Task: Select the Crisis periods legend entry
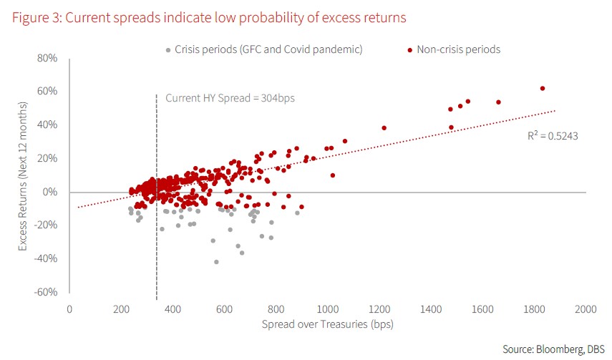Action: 263,49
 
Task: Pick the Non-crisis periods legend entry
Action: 454,49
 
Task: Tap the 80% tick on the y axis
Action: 47,57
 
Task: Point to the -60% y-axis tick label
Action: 45,292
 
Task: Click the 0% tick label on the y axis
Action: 49,192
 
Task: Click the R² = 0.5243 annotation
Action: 548,134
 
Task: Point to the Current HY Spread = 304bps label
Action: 230,98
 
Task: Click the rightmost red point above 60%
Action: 543,89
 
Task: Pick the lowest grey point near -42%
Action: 216,262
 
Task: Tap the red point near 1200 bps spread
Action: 384,128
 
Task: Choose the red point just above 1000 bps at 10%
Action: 333,175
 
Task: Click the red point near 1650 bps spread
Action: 498,102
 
